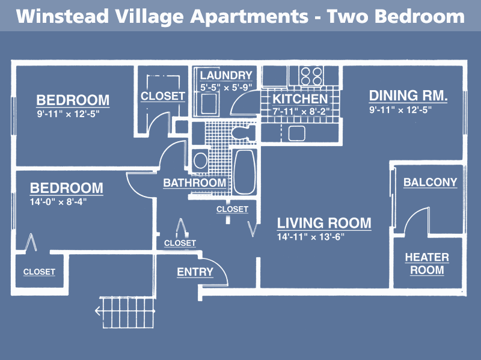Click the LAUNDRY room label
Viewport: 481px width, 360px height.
click(226, 76)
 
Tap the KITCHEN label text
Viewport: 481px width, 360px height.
click(300, 99)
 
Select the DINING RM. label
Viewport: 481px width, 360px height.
click(408, 96)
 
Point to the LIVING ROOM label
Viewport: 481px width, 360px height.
click(324, 223)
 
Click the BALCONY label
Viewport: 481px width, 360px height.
click(430, 182)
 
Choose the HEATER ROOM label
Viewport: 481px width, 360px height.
click(427, 263)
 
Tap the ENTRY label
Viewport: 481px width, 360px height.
click(195, 272)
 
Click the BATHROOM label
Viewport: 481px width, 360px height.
click(194, 183)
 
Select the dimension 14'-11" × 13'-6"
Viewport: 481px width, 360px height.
click(311, 237)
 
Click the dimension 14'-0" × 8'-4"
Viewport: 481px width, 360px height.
click(58, 202)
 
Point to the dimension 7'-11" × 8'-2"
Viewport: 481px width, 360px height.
click(301, 111)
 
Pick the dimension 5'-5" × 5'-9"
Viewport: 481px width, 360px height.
click(226, 88)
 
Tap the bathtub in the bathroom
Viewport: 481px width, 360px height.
click(245, 172)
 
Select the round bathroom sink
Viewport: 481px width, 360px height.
click(200, 160)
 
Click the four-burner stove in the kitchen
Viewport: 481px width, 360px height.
click(311, 76)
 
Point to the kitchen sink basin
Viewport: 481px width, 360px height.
click(296, 133)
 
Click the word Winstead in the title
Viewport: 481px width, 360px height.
click(63, 16)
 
